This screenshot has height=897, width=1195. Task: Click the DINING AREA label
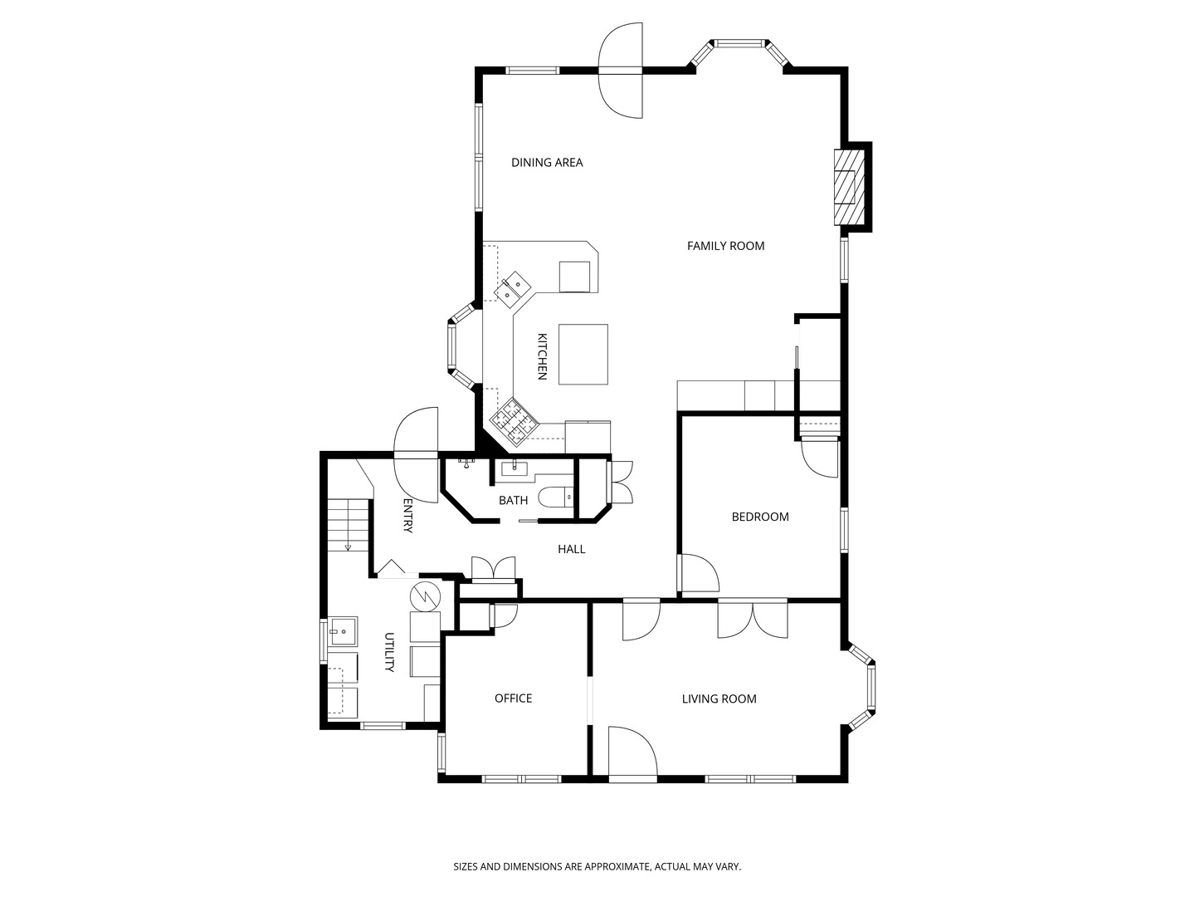point(547,163)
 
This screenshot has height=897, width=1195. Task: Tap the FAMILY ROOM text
point(725,246)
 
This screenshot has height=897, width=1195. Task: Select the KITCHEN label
point(542,356)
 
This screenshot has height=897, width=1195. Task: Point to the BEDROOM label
point(759,517)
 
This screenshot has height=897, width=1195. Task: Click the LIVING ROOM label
point(719,698)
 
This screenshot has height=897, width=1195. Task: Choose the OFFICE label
point(513,698)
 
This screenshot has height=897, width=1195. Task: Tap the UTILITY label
point(389,653)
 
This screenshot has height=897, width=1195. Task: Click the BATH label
point(513,500)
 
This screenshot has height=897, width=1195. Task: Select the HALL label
point(571,549)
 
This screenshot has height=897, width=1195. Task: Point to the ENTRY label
point(407,516)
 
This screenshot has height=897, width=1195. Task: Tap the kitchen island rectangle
point(583,354)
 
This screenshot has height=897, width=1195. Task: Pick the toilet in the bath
point(555,498)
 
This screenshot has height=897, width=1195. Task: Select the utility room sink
point(342,631)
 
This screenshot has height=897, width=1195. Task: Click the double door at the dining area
point(621,71)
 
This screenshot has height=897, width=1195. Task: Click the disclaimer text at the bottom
point(597,866)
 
